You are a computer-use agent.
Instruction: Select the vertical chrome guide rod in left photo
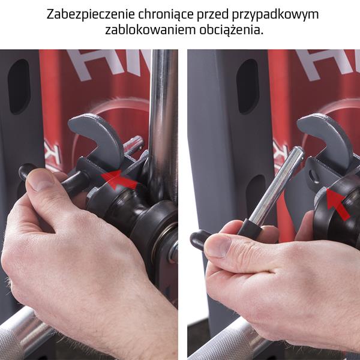pyautogui.click(x=163, y=120)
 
